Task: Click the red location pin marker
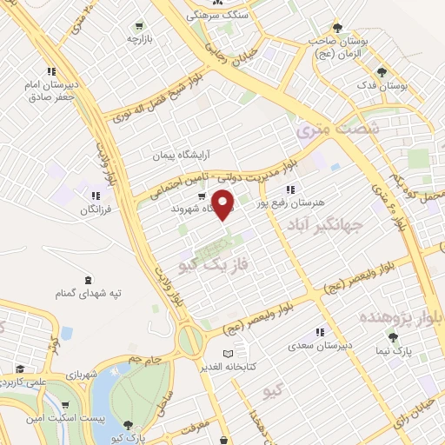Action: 224,204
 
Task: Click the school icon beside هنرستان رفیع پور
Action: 290,189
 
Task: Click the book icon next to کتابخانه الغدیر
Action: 228,354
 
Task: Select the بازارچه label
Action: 140,38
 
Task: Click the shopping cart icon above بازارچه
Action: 139,26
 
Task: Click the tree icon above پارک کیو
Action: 130,425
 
